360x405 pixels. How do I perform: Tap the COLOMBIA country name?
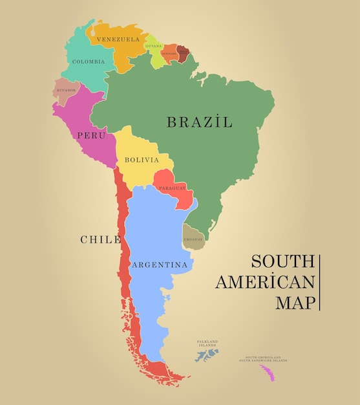pyautogui.click(x=88, y=62)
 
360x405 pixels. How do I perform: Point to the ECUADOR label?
pyautogui.click(x=66, y=91)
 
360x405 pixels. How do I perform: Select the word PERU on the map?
pyautogui.click(x=90, y=135)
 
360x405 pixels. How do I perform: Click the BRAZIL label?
pyautogui.click(x=199, y=122)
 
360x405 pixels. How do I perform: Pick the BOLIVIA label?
pyautogui.click(x=142, y=160)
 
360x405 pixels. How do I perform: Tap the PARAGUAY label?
pyautogui.click(x=172, y=188)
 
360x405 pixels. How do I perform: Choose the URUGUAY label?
pyautogui.click(x=193, y=239)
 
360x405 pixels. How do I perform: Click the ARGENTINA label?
pyautogui.click(x=160, y=265)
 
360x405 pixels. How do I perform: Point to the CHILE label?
pyautogui.click(x=100, y=239)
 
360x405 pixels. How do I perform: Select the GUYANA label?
pyautogui.click(x=154, y=47)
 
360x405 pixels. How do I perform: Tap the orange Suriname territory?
pyautogui.click(x=170, y=54)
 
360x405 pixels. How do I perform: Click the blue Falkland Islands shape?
pyautogui.click(x=207, y=356)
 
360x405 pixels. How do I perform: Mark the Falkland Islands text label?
pyautogui.click(x=207, y=343)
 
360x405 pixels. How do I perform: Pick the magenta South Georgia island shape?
pyautogui.click(x=266, y=373)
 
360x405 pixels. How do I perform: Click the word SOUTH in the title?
pyautogui.click(x=282, y=262)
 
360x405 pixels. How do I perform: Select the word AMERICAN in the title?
pyautogui.click(x=265, y=282)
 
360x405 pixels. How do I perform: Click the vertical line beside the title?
pyautogui.click(x=319, y=282)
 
